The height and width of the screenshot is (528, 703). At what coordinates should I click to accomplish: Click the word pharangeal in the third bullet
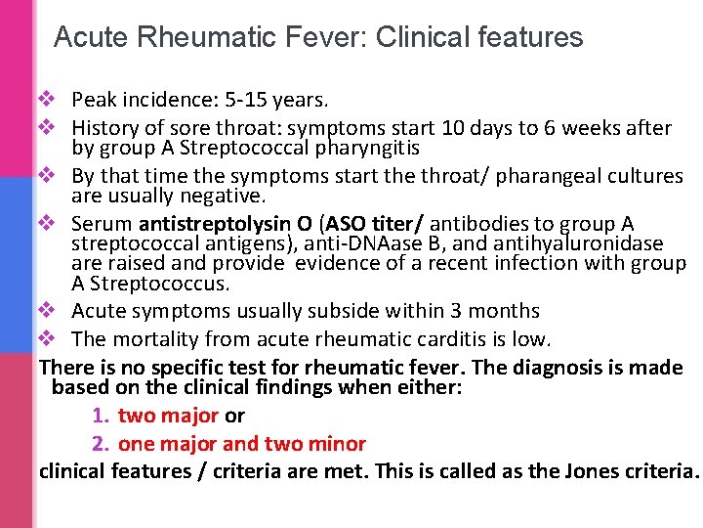532,176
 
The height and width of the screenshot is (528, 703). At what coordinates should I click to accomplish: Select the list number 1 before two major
99,416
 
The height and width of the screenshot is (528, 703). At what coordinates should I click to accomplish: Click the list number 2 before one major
99,444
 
